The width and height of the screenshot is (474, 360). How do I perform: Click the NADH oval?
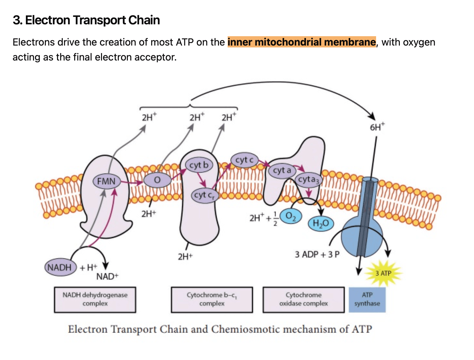click(x=60, y=267)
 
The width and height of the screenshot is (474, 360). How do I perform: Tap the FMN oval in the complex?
click(x=106, y=181)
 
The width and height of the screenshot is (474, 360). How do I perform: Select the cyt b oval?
click(x=199, y=165)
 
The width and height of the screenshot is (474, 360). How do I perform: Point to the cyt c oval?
click(x=244, y=160)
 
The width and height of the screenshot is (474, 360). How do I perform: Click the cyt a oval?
click(x=282, y=170)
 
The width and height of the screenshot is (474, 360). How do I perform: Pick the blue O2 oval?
click(x=291, y=216)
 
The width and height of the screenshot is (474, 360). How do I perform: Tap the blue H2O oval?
click(x=321, y=223)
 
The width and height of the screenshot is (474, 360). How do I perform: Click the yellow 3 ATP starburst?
click(x=384, y=273)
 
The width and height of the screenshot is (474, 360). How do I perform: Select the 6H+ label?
click(x=377, y=127)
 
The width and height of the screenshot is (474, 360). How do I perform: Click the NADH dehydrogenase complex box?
click(x=95, y=299)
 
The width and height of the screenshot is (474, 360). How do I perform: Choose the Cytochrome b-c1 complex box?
click(x=212, y=299)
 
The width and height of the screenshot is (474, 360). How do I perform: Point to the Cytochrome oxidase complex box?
click(x=303, y=299)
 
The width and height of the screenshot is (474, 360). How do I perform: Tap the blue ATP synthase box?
click(x=367, y=299)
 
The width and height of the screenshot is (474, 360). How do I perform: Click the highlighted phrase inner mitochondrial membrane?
click(x=302, y=42)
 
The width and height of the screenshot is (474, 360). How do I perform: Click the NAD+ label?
click(x=107, y=276)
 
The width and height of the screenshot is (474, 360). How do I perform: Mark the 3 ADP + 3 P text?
click(x=317, y=255)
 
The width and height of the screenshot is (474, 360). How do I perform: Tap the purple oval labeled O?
click(x=157, y=180)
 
